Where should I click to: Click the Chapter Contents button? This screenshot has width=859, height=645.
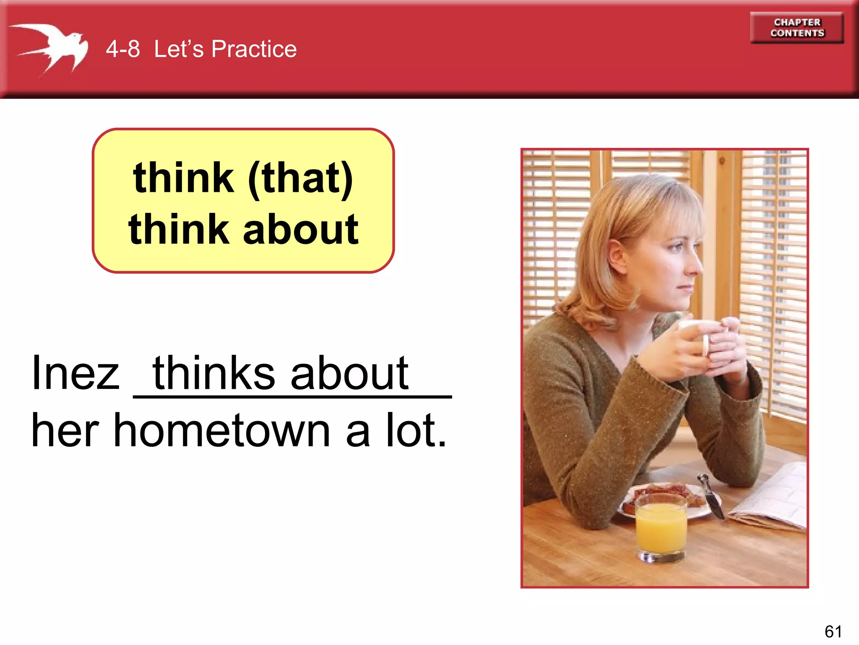797,28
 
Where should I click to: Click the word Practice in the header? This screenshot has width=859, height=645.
254,49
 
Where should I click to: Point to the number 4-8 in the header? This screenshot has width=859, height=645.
122,49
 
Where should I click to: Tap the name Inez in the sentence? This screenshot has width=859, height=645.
75,373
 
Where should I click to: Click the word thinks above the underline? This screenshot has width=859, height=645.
214,373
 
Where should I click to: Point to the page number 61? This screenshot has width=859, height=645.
833,631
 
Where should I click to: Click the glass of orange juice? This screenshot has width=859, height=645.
661,529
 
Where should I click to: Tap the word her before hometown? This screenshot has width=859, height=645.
65,430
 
